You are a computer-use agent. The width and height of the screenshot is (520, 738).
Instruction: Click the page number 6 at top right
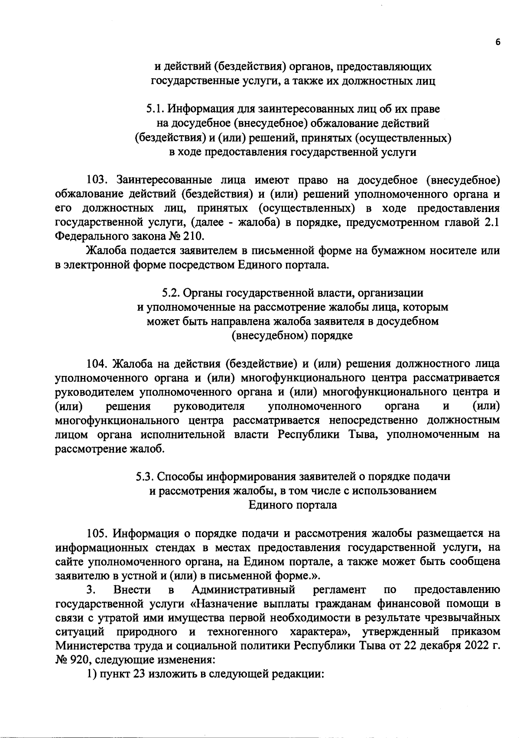point(498,42)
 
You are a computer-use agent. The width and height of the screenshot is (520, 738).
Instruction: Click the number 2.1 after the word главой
point(492,222)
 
